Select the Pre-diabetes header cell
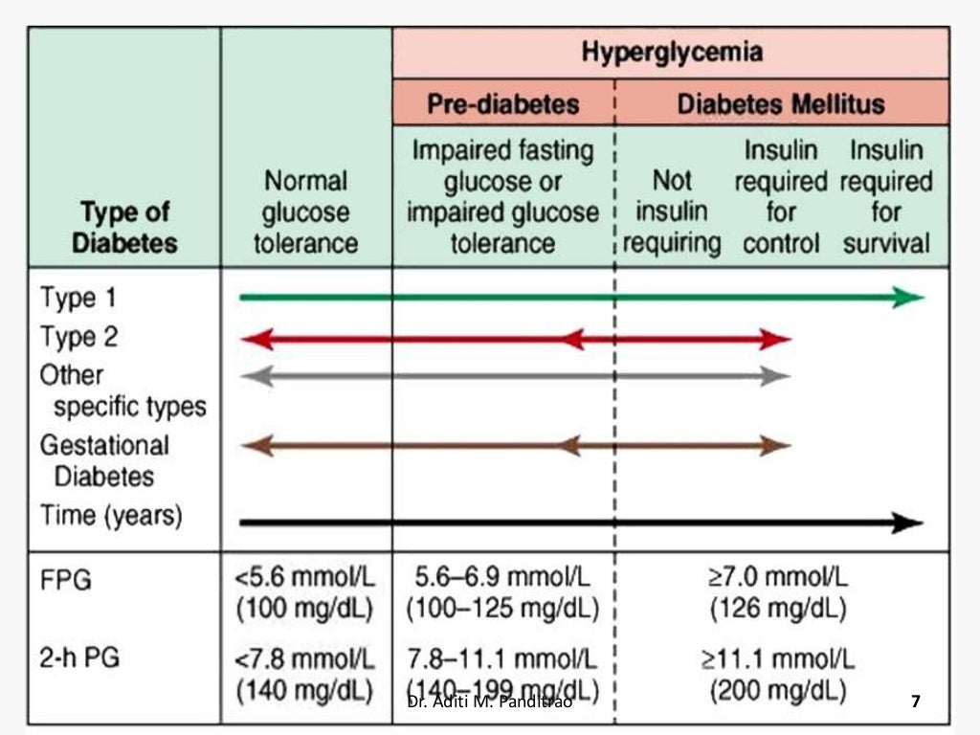click(x=502, y=103)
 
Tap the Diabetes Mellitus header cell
click(x=781, y=103)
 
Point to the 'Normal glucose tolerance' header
click(x=306, y=212)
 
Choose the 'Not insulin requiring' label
click(x=671, y=212)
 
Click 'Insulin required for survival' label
click(x=886, y=196)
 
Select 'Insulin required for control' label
click(x=781, y=196)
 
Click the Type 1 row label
click(x=78, y=298)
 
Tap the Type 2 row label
click(x=80, y=338)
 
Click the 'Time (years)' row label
click(x=110, y=516)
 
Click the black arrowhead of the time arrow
click(x=907, y=523)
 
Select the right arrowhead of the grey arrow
click(x=777, y=376)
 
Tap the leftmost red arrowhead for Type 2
click(x=255, y=338)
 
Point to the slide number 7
click(x=915, y=702)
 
